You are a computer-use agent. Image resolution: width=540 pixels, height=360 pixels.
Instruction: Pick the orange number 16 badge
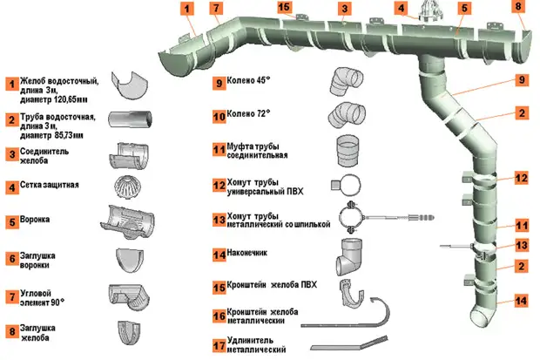219,316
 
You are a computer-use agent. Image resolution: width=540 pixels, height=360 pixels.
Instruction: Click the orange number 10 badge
219,115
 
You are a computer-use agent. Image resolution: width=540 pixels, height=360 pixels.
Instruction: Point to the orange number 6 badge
12,259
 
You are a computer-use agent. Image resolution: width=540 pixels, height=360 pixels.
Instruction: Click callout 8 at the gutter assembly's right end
519,7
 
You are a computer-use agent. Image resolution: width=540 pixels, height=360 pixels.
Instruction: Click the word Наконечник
255,254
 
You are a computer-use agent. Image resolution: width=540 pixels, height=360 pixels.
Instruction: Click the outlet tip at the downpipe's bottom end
482,313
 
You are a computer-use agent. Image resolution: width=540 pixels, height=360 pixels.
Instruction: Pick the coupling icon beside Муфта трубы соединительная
348,150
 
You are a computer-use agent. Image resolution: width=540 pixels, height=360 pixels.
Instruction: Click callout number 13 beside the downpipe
521,245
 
